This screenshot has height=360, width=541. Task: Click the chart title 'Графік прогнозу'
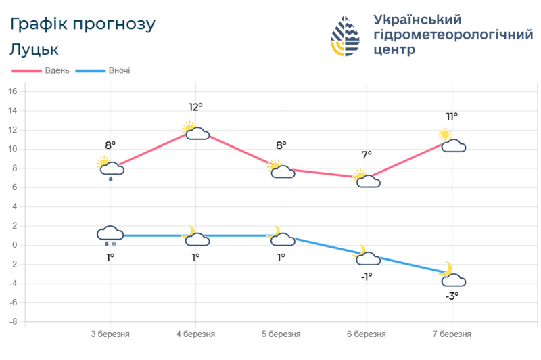(x=83, y=24)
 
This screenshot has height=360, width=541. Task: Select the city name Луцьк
(x=34, y=49)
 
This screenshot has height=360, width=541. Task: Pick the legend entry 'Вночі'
(x=119, y=70)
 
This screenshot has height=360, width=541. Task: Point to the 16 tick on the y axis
(x=13, y=91)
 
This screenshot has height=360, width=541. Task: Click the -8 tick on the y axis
(x=13, y=322)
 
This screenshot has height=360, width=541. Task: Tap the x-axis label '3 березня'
(x=110, y=334)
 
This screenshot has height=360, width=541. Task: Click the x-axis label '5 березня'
(x=281, y=334)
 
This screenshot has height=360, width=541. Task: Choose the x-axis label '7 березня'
(x=451, y=334)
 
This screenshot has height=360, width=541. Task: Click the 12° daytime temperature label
(x=195, y=107)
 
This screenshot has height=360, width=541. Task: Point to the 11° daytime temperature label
(x=451, y=116)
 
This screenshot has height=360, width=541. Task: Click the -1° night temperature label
(x=366, y=276)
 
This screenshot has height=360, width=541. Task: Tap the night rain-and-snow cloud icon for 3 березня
(x=110, y=236)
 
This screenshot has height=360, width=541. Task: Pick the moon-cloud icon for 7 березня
(x=451, y=275)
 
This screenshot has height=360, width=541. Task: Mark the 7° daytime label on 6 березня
(x=366, y=155)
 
